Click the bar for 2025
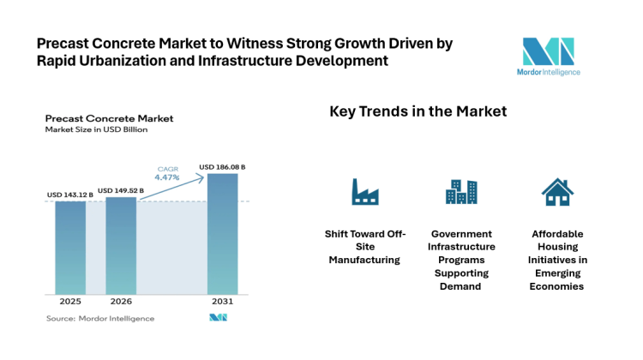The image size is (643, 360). coord(70,249)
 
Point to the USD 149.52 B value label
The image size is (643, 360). coord(121,190)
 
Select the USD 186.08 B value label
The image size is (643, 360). coord(222,166)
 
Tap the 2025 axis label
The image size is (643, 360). coord(70,303)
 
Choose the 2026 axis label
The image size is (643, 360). coord(121,303)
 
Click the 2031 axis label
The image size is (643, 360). coord(222,303)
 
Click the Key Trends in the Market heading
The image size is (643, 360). coord(418,111)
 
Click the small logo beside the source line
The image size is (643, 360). coord(217,318)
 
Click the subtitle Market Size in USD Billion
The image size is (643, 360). coord(96,129)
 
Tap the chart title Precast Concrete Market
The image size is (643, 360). coord(109,117)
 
